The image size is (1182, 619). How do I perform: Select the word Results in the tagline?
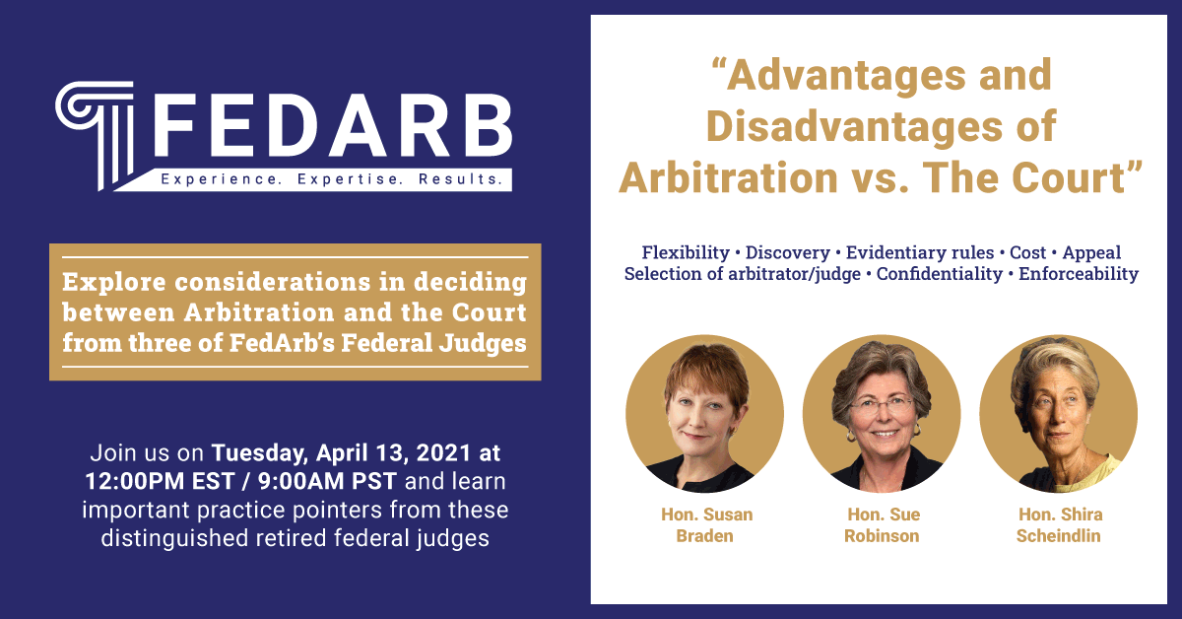[460, 179]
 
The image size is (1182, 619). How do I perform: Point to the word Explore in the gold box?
[114, 283]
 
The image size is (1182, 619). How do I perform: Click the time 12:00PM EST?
[160, 481]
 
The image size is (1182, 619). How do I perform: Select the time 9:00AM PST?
[327, 481]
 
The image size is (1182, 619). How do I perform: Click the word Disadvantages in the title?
[854, 126]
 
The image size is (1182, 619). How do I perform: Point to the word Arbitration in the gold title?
[729, 177]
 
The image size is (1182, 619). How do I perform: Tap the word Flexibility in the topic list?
[686, 252]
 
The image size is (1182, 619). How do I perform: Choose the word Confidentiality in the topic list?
[940, 274]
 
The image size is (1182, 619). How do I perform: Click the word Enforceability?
[1078, 274]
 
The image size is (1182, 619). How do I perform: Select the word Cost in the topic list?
[1027, 252]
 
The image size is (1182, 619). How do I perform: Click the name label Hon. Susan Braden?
[705, 525]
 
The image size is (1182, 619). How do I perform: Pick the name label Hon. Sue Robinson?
[882, 525]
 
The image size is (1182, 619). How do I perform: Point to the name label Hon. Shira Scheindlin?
[1059, 525]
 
